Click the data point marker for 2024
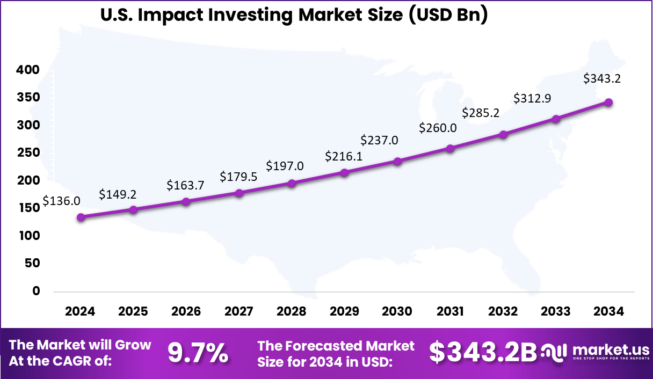tap(81, 217)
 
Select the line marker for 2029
tap(345, 172)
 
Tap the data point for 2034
tap(609, 102)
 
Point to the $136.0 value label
tap(62, 201)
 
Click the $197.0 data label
tap(285, 166)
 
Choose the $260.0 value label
tap(438, 128)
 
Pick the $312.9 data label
tap(532, 98)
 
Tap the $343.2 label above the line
tap(602, 79)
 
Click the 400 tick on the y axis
tap(28, 70)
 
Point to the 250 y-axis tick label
tap(28, 152)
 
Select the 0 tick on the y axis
tap(37, 291)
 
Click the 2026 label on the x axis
tap(186, 311)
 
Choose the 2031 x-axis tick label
tap(450, 311)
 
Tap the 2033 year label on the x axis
tap(556, 311)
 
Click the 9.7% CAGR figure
tap(198, 353)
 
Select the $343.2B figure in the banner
tap(483, 353)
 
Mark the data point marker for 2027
tap(239, 193)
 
